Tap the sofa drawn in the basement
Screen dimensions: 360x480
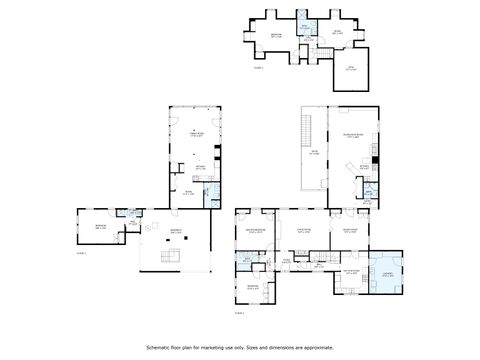tap(171, 257)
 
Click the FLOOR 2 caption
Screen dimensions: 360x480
tap(239, 313)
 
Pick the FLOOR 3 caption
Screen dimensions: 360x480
tap(258, 67)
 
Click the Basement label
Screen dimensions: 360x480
tap(175, 231)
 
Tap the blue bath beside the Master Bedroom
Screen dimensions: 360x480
tap(247, 263)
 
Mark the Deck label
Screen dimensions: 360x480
tap(314, 153)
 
